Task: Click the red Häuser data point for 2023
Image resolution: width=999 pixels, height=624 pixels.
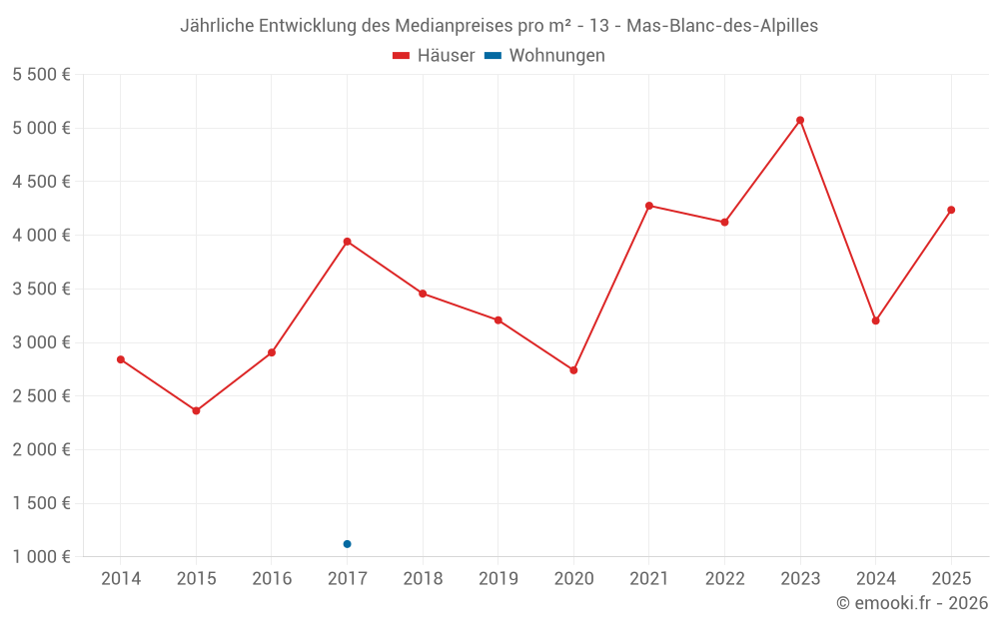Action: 800,121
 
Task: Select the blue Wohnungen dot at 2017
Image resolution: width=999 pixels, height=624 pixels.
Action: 347,544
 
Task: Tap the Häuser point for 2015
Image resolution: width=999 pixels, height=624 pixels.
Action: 196,411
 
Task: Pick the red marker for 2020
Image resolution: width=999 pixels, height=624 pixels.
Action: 573,370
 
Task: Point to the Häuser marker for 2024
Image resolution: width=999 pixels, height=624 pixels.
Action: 875,320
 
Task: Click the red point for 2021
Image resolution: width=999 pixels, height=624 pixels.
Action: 649,206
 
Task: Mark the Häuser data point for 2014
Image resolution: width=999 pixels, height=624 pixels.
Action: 121,359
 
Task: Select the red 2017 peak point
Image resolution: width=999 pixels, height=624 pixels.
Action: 347,242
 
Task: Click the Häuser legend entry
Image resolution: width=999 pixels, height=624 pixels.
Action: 434,56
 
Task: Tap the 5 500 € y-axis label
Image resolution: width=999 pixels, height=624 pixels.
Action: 41,75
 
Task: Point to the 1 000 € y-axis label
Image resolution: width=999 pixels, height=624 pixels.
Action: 41,557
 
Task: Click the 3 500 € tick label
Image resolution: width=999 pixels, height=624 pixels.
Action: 41,290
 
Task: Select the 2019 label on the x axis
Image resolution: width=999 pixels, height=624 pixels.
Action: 498,579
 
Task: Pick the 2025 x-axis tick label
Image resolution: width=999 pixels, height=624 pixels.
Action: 951,579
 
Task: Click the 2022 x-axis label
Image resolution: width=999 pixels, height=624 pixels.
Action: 724,579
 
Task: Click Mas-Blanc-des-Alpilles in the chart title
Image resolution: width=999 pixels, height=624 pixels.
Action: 722,26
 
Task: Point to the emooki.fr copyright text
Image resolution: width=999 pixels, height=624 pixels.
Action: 912,603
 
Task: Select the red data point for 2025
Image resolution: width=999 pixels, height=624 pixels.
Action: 951,210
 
